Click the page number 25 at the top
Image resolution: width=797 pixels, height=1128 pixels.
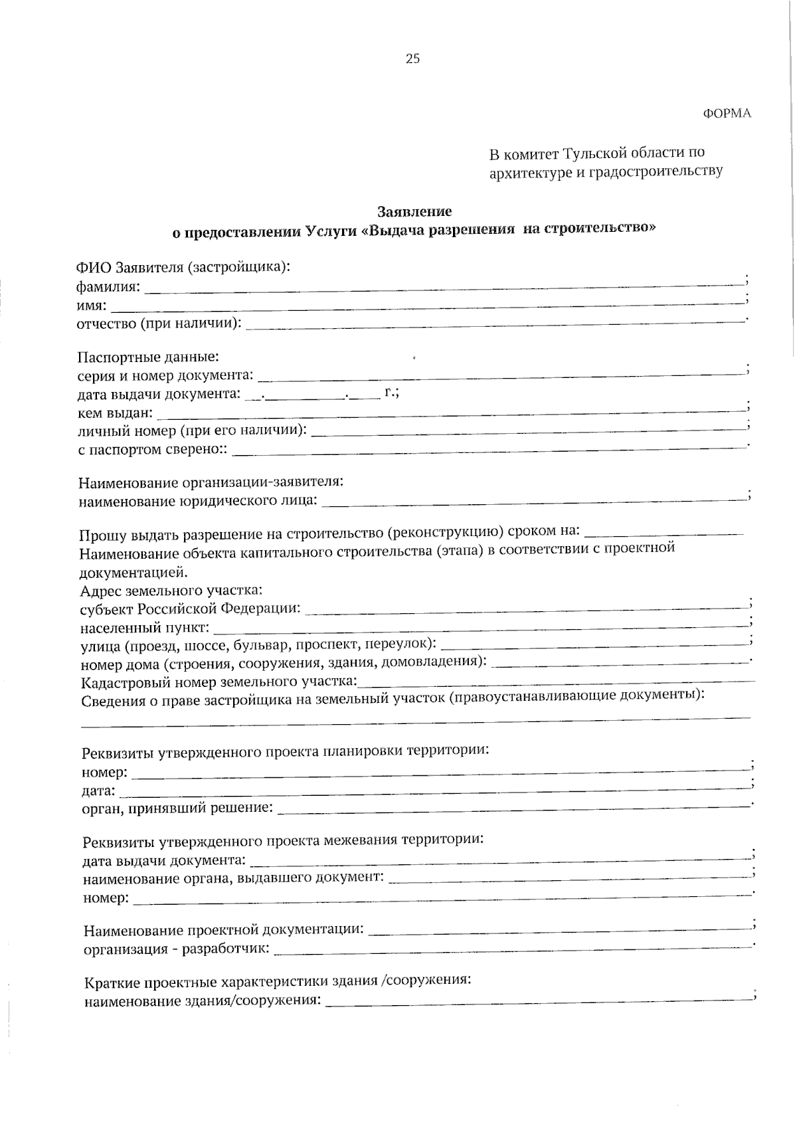coord(412,59)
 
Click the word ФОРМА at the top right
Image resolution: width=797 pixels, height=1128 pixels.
coord(727,114)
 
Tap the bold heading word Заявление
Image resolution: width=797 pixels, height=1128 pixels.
coord(414,211)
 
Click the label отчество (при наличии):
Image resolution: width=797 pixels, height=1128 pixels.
coord(159,324)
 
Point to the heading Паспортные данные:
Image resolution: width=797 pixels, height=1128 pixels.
coord(148,357)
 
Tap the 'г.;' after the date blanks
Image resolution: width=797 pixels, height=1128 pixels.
coord(391,393)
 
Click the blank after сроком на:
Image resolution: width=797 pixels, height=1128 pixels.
coord(664,532)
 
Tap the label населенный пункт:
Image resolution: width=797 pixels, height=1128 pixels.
coord(145,628)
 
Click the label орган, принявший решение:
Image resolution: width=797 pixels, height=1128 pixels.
coord(177,808)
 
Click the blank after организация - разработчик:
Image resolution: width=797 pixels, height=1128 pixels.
coord(511,949)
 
